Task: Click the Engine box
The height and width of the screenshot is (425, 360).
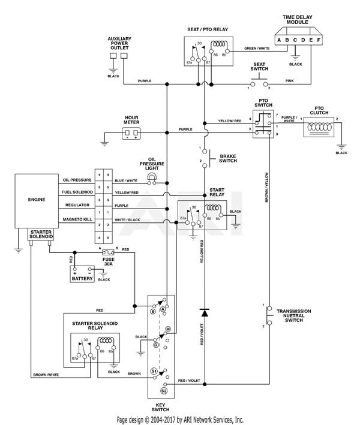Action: click(36, 200)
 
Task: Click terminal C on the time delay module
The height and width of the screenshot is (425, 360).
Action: click(294, 40)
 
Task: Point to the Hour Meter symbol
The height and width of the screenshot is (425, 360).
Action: click(131, 133)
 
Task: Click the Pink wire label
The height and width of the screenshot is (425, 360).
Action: click(290, 80)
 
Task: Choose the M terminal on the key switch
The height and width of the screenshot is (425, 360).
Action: click(168, 329)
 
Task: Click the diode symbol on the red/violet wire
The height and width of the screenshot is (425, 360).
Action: click(204, 312)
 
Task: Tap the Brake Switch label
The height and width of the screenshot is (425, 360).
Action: click(229, 157)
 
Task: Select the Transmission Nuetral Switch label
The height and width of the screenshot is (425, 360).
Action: click(293, 315)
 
